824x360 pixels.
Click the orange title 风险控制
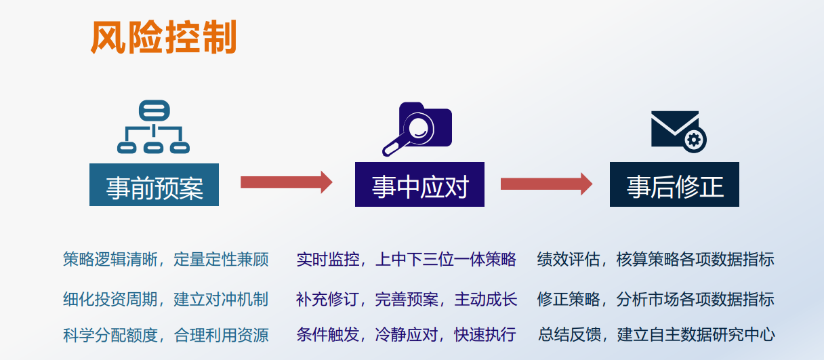point(163,37)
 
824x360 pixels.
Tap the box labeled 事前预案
point(154,185)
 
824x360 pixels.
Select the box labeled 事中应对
point(419,184)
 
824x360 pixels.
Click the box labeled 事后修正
point(674,184)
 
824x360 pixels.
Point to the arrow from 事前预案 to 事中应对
point(287,182)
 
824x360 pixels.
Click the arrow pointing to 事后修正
point(546,184)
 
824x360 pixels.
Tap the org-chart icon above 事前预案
point(153,127)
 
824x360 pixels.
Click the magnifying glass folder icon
point(417,129)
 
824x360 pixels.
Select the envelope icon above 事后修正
point(679,132)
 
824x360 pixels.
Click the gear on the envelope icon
point(695,140)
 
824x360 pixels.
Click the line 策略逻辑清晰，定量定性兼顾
point(165,259)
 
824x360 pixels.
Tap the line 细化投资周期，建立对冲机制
point(165,299)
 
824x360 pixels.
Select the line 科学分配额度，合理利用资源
point(165,335)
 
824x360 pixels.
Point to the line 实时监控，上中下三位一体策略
point(406,259)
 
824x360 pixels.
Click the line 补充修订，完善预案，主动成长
point(407,299)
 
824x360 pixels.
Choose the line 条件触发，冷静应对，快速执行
point(406,334)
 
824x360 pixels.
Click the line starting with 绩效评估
point(655,259)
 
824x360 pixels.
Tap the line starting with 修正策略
point(655,299)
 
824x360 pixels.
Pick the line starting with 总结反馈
point(656,334)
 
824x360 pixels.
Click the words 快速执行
point(485,334)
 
